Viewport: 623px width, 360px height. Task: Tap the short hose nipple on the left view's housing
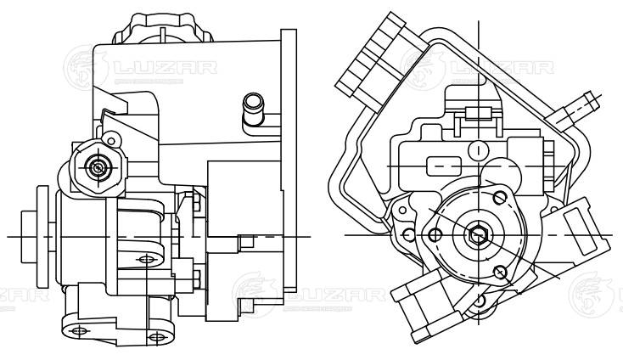pos(252,112)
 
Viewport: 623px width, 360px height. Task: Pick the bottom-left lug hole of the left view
pos(79,329)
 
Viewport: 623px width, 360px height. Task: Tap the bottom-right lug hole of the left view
pos(154,336)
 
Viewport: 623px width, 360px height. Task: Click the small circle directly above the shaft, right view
pos(480,150)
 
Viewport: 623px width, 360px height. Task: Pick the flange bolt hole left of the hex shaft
pos(435,234)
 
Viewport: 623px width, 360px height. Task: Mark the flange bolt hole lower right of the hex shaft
pos(500,271)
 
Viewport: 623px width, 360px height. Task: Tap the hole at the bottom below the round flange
pos(480,299)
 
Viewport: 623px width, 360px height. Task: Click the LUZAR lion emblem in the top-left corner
pos(83,65)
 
